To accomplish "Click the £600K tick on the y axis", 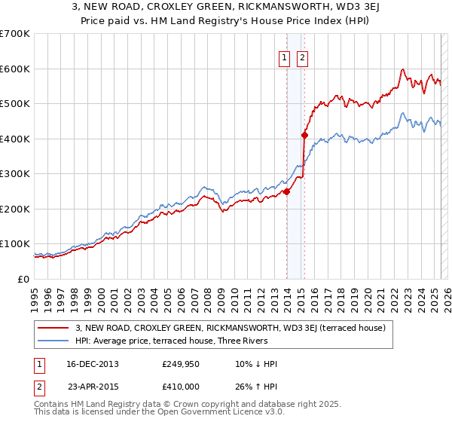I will click(15, 69).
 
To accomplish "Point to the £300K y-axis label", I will click(15, 174).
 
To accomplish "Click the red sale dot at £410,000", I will click(305, 136).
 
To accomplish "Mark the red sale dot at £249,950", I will click(287, 191).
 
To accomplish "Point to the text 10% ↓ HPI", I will click(256, 365).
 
